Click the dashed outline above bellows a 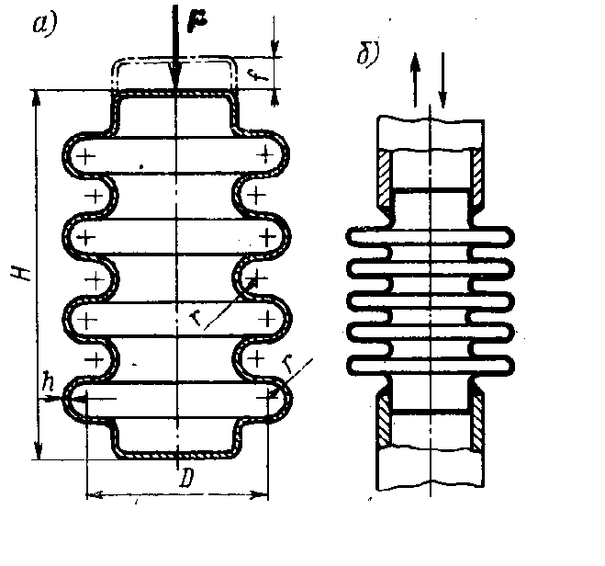[174, 60]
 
